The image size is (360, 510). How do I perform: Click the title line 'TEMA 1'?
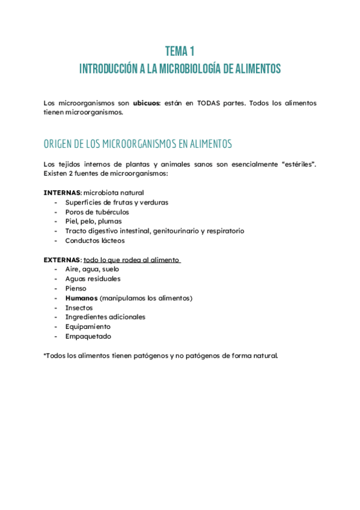(x=180, y=51)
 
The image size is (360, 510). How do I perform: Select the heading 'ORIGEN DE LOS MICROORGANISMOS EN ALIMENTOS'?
(x=138, y=144)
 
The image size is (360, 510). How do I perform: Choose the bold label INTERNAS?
(x=63, y=192)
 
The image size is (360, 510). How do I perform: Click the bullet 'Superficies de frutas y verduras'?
(x=117, y=202)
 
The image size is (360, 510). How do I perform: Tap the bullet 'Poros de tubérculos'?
(x=97, y=212)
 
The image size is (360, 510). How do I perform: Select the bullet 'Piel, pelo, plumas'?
(x=93, y=221)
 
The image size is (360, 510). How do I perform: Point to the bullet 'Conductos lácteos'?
(x=95, y=241)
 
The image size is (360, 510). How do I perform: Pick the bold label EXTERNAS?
(x=63, y=260)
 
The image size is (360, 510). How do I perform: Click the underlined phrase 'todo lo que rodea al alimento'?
(x=132, y=260)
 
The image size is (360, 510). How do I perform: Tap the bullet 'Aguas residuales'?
(x=93, y=279)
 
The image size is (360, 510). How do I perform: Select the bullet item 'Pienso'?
(x=75, y=289)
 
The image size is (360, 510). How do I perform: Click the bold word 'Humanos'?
(x=81, y=298)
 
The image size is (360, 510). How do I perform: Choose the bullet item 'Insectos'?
(x=79, y=308)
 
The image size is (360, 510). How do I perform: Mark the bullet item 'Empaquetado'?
(x=88, y=337)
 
